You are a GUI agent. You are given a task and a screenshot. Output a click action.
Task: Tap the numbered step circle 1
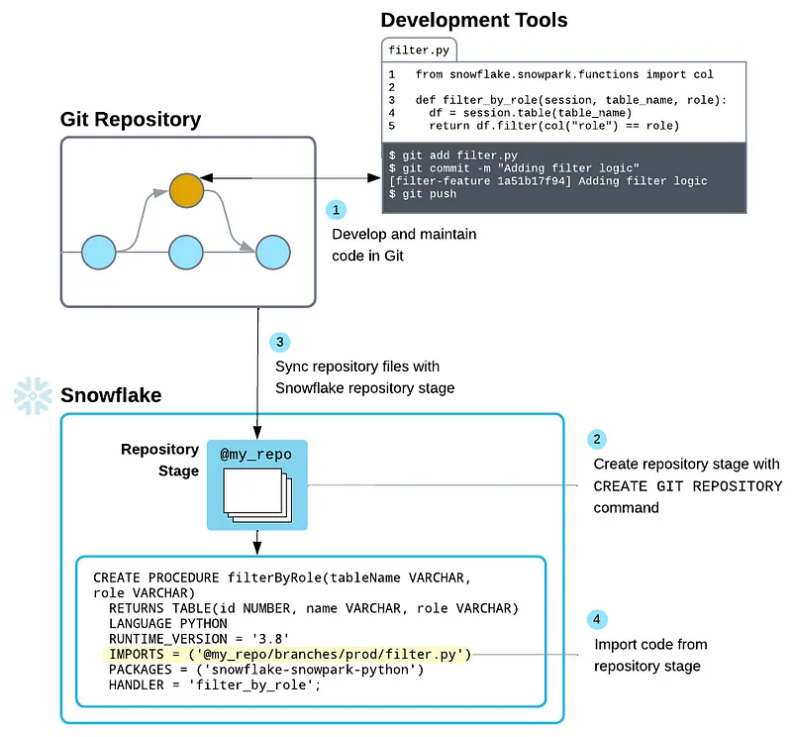[x=337, y=210]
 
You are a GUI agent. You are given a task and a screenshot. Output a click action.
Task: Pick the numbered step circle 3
[x=280, y=341]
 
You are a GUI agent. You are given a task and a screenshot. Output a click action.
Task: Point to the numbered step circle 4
[x=596, y=620]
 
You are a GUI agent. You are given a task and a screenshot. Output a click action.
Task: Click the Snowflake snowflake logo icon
[x=32, y=395]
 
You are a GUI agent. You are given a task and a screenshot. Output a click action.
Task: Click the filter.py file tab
[x=417, y=50]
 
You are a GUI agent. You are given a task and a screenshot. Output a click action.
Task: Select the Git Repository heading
[x=131, y=120]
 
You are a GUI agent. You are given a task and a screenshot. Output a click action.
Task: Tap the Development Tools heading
[x=474, y=20]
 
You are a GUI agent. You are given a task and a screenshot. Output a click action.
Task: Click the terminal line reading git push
[x=423, y=195]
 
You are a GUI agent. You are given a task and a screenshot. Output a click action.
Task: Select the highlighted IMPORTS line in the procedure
[x=290, y=655]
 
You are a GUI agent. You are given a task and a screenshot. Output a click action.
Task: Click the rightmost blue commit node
[x=272, y=253]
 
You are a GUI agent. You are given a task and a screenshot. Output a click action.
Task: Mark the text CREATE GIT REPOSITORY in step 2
[x=687, y=486]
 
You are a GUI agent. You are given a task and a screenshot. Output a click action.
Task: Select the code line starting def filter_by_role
[x=570, y=101]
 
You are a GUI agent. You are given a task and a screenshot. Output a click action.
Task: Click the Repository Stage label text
[x=159, y=460]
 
